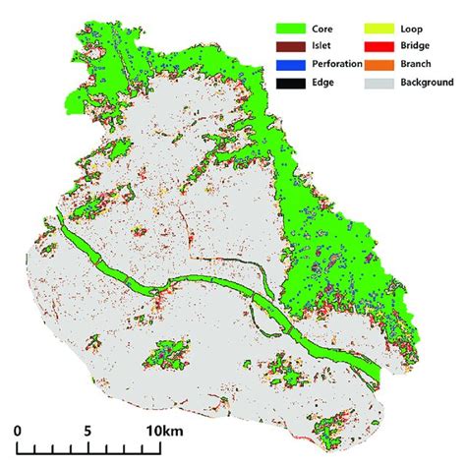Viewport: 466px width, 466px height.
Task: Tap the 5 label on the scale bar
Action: pyautogui.click(x=87, y=431)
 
